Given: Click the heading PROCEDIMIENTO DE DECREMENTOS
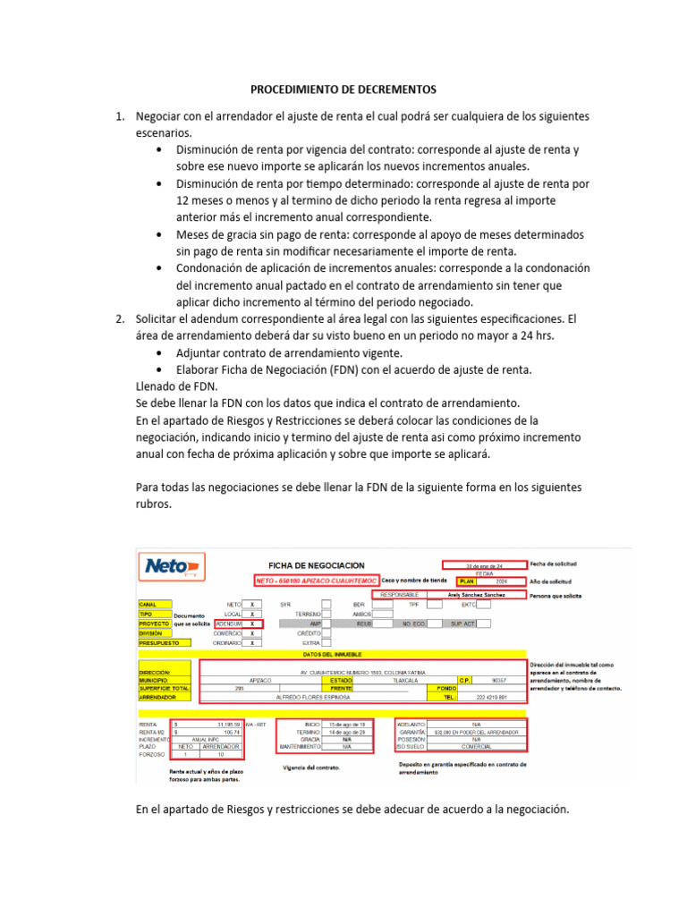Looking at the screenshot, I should coord(343,89).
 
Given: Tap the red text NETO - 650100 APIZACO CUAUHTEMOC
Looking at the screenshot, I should coord(317,580).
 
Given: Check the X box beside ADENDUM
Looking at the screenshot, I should coord(252,623).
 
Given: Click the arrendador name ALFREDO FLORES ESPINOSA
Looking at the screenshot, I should coord(312,696).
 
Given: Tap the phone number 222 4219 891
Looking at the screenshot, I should coord(490,696).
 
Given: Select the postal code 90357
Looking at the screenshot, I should coord(499,680).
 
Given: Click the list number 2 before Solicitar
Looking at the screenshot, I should coord(119,318).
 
